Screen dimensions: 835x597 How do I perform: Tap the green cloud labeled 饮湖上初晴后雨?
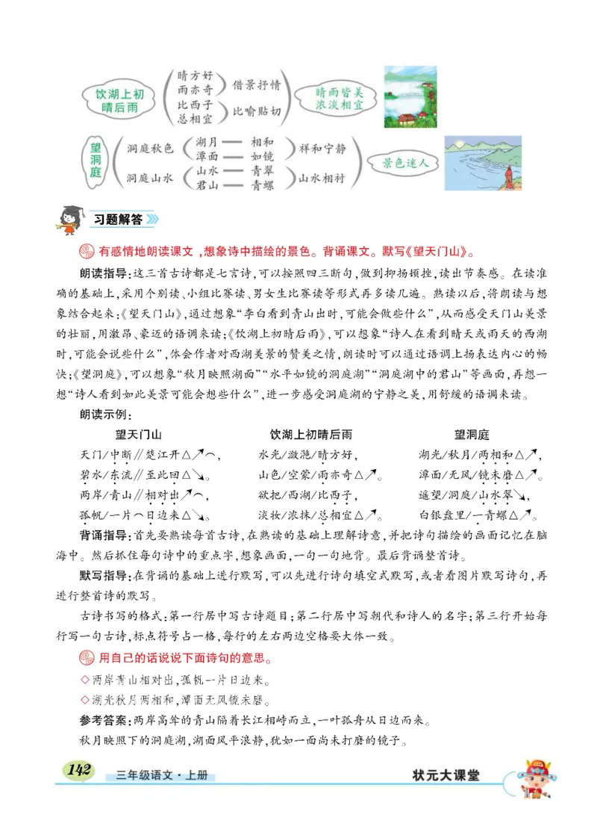120,100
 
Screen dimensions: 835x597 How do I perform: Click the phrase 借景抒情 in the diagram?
257,84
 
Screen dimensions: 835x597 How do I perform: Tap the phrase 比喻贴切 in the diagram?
257,111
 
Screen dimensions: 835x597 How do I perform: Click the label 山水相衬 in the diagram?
322,177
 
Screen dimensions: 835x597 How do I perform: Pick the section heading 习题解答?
117,220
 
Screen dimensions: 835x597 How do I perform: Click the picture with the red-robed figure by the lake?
481,164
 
